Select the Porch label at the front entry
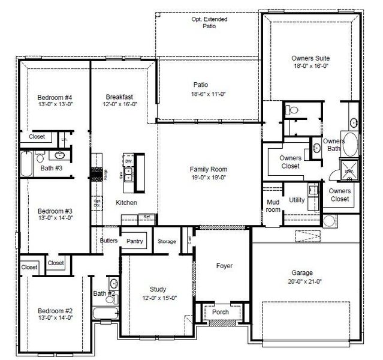point(220,312)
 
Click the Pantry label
point(135,241)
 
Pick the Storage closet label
point(167,242)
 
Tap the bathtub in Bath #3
point(27,161)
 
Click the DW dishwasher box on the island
point(128,162)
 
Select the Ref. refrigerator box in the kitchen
point(146,217)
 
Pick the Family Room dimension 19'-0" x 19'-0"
point(209,178)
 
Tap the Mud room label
point(273,206)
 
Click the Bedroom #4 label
point(55,97)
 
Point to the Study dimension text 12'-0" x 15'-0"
point(158,297)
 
